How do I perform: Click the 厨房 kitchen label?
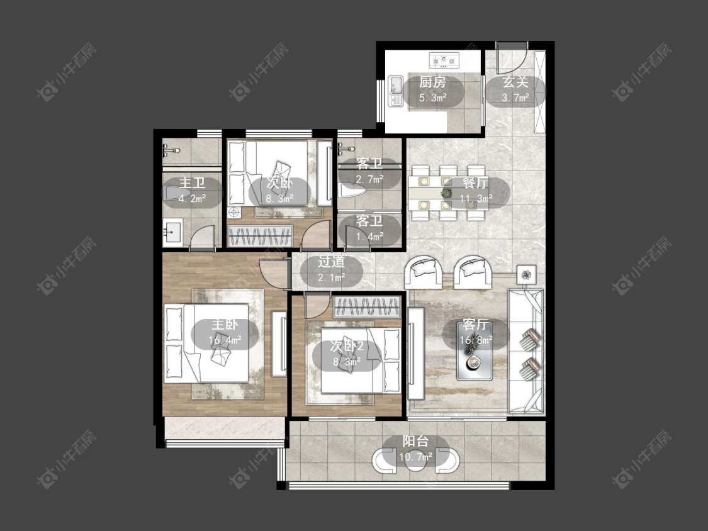click(x=432, y=82)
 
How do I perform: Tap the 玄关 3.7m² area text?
click(x=515, y=98)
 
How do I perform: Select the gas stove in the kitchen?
click(x=444, y=60)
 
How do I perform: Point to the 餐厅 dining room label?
click(x=475, y=183)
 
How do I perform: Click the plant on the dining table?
click(x=447, y=193)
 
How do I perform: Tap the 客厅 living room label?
click(x=476, y=325)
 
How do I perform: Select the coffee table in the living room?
click(x=474, y=356)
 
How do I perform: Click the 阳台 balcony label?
click(x=415, y=441)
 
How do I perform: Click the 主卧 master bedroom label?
click(x=225, y=325)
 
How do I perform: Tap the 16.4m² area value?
click(x=225, y=340)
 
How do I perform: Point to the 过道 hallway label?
click(x=332, y=262)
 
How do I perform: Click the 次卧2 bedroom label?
click(x=347, y=346)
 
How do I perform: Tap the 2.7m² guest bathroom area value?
click(x=369, y=179)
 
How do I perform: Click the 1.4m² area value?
click(x=369, y=236)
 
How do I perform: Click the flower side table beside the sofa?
click(x=527, y=274)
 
